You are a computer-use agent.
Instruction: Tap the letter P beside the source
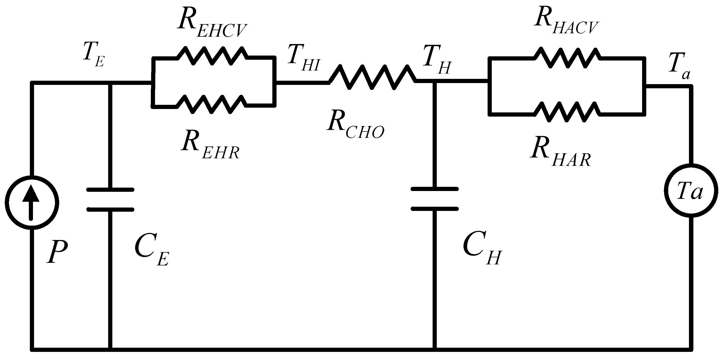[x=57, y=251]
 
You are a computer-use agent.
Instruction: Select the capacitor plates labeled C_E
[x=110, y=199]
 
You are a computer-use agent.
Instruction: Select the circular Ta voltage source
[x=691, y=191]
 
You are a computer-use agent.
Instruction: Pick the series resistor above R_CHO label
[x=372, y=77]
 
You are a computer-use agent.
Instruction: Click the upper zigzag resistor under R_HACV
[x=567, y=58]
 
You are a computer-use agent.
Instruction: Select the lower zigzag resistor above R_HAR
[x=567, y=112]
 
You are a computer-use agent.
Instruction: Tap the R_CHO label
[x=355, y=125]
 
